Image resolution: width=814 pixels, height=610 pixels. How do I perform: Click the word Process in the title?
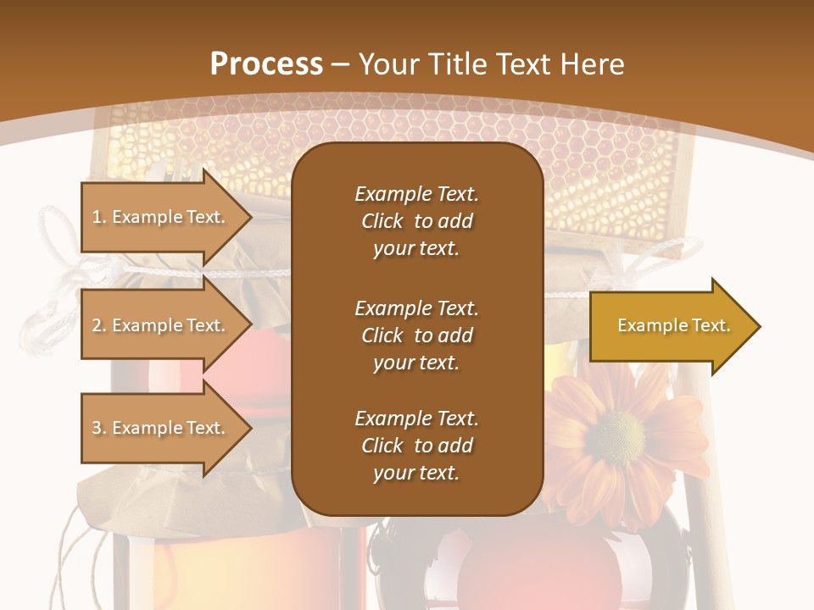[x=266, y=64]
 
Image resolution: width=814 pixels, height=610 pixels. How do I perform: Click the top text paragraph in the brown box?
[x=416, y=221]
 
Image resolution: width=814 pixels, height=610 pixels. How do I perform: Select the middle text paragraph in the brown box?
[x=416, y=335]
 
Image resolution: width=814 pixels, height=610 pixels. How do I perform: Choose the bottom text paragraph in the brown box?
[x=416, y=446]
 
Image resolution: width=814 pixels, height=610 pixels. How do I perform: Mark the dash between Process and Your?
[x=341, y=64]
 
